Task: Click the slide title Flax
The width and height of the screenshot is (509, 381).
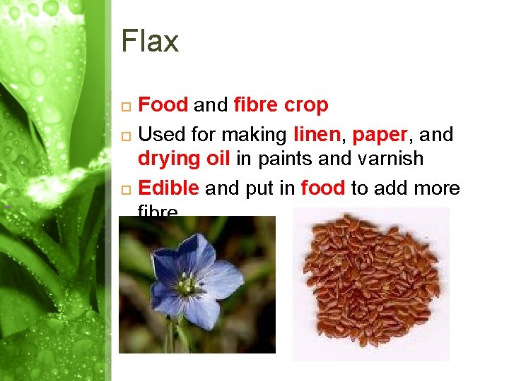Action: point(150,42)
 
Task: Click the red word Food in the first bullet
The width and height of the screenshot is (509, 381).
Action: point(163,106)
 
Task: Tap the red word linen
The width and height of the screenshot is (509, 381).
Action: point(317,133)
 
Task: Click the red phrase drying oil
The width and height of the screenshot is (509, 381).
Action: point(184,159)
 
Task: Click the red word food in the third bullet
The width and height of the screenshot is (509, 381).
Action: point(323,188)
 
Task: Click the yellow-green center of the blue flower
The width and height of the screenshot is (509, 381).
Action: point(187,285)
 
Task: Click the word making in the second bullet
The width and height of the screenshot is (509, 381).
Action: point(256,134)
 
